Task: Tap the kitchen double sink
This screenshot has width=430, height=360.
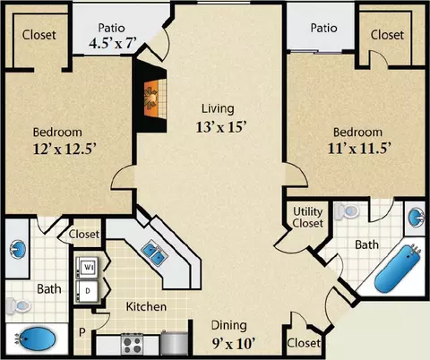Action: pyautogui.click(x=153, y=253)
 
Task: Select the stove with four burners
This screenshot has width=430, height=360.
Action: pyautogui.click(x=132, y=344)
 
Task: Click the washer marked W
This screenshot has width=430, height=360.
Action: pyautogui.click(x=87, y=267)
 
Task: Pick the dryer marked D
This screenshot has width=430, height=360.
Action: pyautogui.click(x=87, y=291)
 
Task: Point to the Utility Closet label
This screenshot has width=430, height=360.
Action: pyautogui.click(x=307, y=218)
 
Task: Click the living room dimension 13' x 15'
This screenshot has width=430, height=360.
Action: pyautogui.click(x=221, y=127)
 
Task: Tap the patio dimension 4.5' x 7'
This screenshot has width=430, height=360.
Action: pyautogui.click(x=113, y=43)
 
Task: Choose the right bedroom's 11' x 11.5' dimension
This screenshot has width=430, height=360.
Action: pyautogui.click(x=359, y=149)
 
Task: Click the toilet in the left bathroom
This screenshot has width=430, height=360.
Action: pyautogui.click(x=19, y=305)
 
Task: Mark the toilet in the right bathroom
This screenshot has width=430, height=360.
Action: pyautogui.click(x=347, y=211)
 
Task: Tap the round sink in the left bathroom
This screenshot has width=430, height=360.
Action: pyautogui.click(x=17, y=249)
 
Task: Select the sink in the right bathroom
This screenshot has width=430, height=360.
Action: pyautogui.click(x=417, y=218)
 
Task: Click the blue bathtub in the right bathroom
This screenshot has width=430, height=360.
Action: pyautogui.click(x=398, y=269)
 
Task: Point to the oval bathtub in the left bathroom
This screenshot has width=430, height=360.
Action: pyautogui.click(x=35, y=339)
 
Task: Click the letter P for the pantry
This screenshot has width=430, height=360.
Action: pyautogui.click(x=82, y=332)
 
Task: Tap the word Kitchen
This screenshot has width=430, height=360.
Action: pyautogui.click(x=146, y=306)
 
